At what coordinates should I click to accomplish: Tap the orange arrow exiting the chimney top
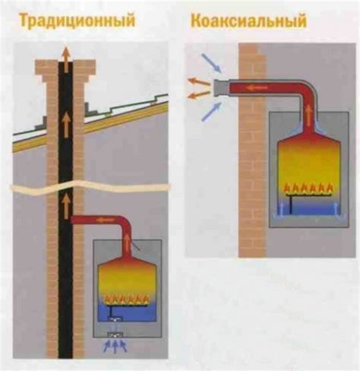coord(66,54)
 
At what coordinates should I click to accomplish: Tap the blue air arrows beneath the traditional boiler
coord(115,347)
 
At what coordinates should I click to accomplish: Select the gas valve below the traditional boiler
coord(115,333)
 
